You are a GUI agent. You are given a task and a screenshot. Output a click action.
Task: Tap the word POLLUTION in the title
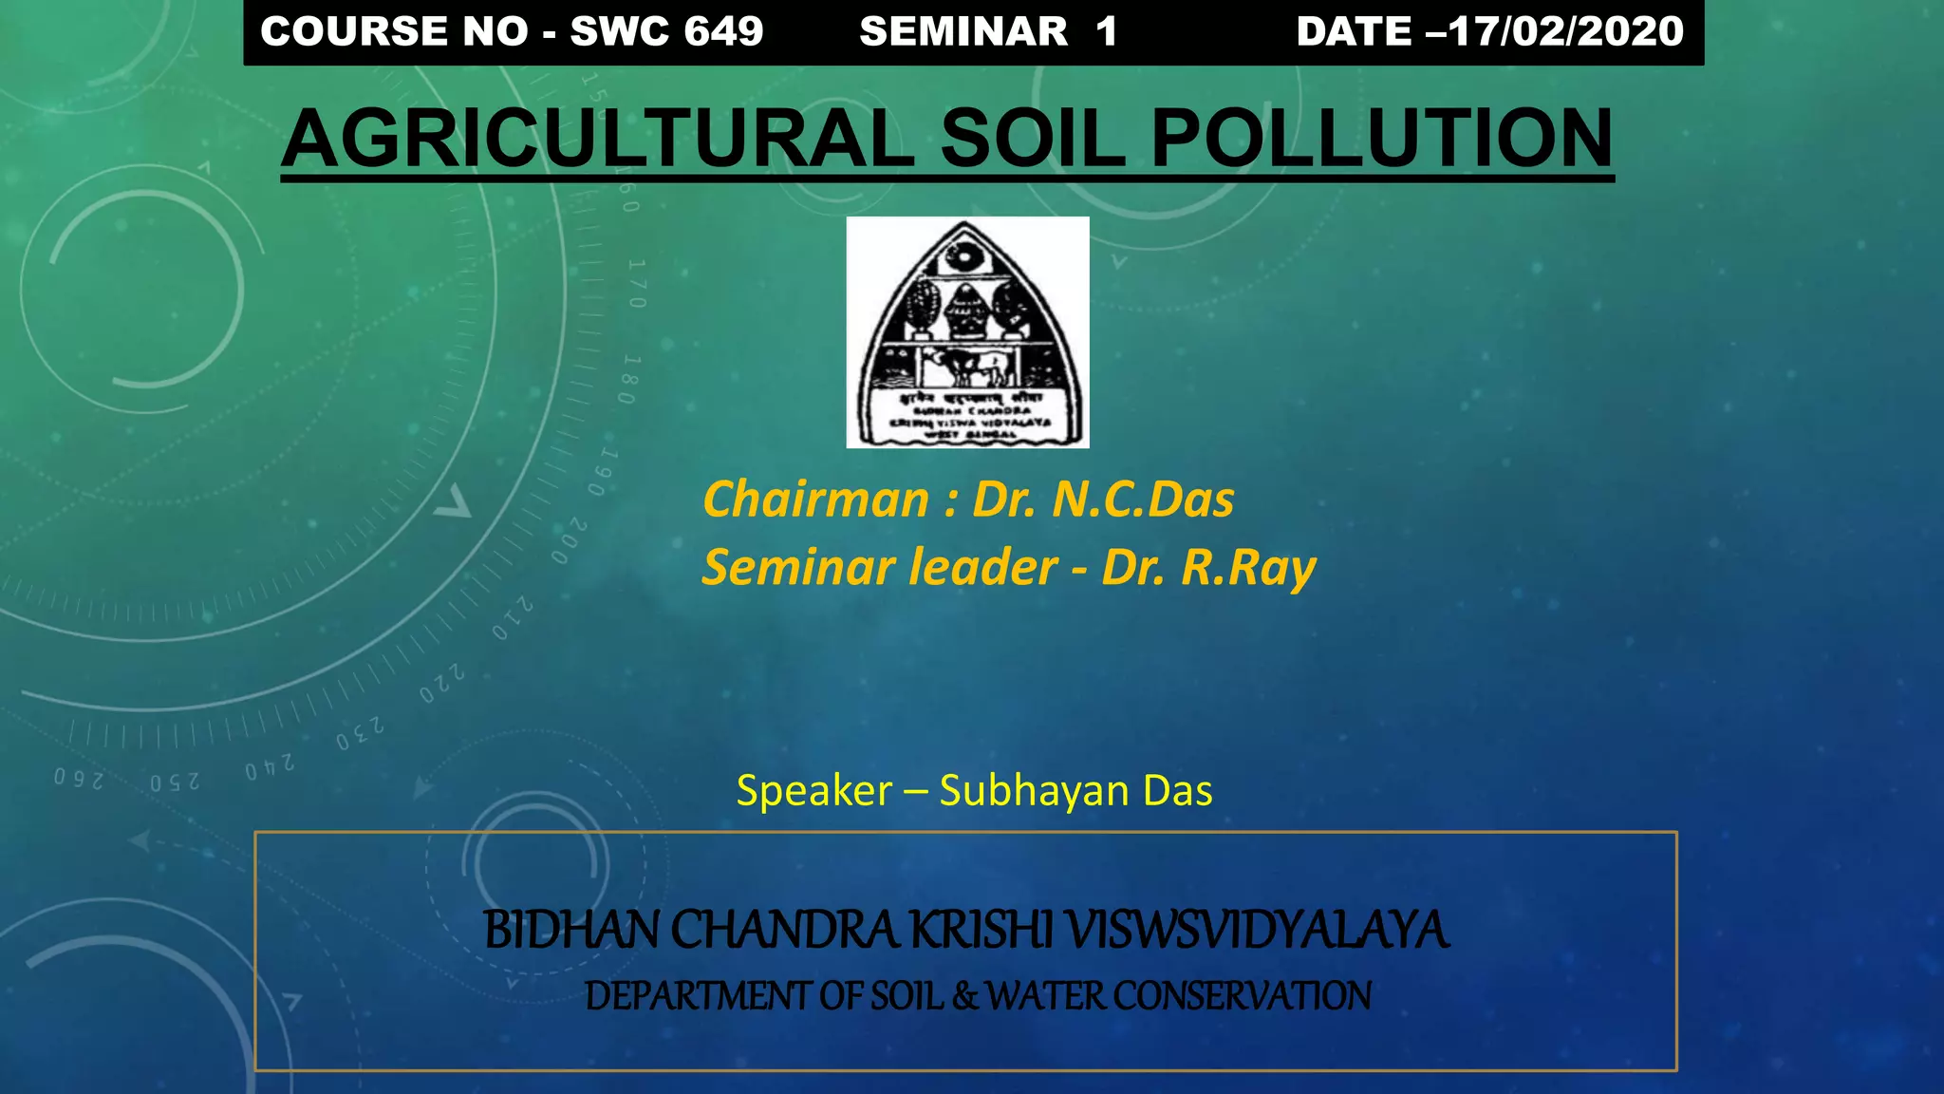point(1381,139)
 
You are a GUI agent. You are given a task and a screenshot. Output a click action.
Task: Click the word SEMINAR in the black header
point(963,31)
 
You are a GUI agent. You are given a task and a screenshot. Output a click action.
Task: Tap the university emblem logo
point(967,332)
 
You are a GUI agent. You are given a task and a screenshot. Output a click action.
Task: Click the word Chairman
point(815,500)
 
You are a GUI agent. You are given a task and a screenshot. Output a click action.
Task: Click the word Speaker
point(813,791)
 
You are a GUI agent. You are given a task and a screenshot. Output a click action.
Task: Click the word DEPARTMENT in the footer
point(697,996)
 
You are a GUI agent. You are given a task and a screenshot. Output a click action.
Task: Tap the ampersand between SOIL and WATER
point(964,996)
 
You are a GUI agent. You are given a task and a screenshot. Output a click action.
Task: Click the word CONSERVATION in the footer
point(1242,996)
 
